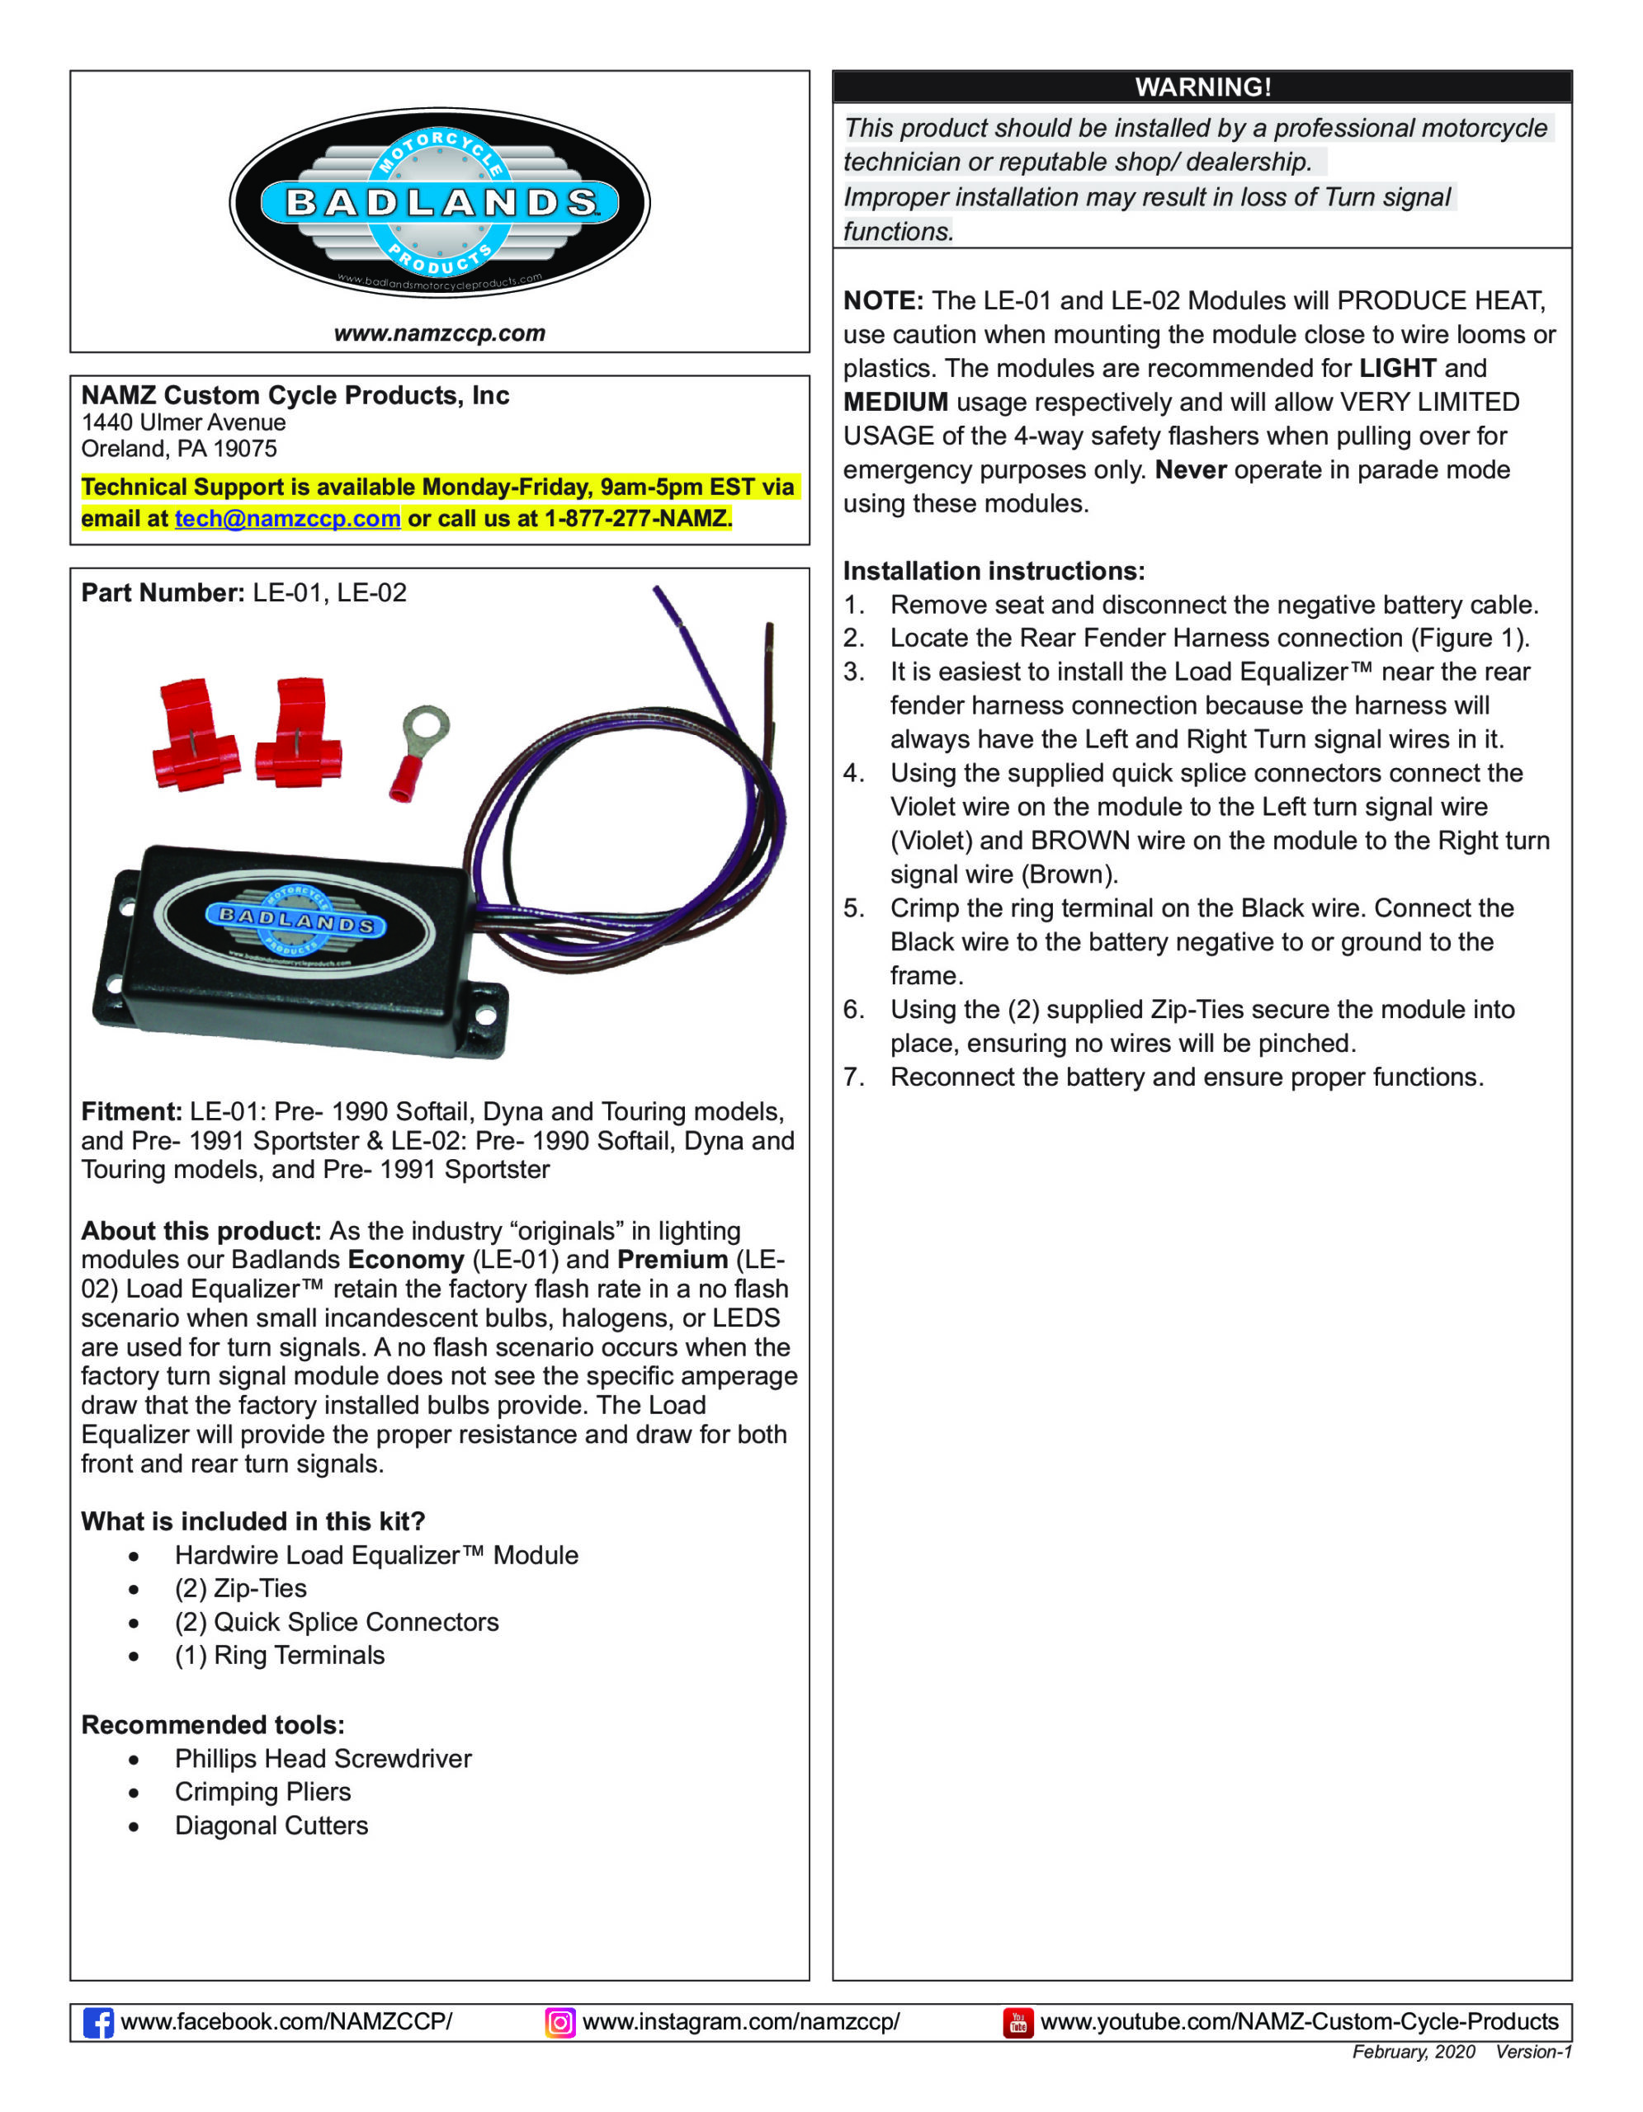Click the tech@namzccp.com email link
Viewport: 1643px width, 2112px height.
click(x=287, y=518)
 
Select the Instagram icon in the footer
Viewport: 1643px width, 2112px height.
click(x=560, y=2022)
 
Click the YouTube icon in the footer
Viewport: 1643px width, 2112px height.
click(x=1017, y=2022)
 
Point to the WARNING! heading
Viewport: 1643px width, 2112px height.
click(x=1202, y=87)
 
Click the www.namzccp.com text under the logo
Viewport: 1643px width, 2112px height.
click(x=439, y=333)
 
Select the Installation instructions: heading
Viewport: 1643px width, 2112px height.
click(x=994, y=571)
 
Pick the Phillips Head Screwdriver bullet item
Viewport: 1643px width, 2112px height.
click(x=323, y=1758)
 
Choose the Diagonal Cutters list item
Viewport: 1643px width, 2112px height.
click(x=271, y=1825)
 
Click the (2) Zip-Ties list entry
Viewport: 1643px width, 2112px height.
click(x=241, y=1588)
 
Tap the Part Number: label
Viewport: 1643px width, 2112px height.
click(x=163, y=593)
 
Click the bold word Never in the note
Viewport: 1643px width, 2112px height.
click(x=1191, y=470)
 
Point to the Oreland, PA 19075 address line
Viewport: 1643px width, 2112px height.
click(x=179, y=449)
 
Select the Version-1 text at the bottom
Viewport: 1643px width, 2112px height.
click(x=1534, y=2052)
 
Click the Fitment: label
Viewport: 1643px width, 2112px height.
click(x=131, y=1111)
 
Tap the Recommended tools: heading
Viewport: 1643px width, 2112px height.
click(x=213, y=1724)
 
